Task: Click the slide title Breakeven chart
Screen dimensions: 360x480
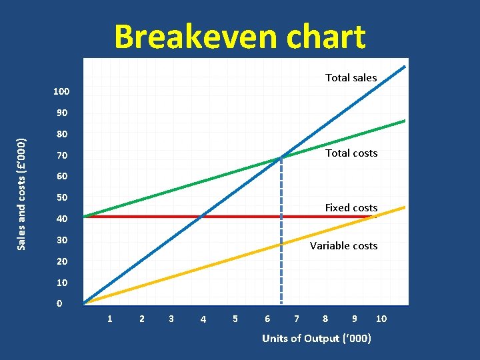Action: (240, 37)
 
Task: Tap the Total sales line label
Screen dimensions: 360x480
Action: (351, 78)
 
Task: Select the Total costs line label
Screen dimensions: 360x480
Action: (351, 153)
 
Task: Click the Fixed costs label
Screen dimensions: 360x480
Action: (351, 208)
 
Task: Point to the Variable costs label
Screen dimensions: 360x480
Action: (343, 246)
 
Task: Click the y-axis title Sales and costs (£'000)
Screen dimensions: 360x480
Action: (21, 194)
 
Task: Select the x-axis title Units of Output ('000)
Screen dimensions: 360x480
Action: (317, 339)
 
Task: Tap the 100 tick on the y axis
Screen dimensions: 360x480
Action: (61, 91)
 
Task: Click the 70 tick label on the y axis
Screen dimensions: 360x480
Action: (61, 155)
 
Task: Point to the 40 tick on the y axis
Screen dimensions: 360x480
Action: (61, 219)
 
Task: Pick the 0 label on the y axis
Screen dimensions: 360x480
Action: (60, 303)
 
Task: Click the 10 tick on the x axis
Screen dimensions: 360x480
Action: (381, 319)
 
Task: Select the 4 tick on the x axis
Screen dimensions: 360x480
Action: (203, 319)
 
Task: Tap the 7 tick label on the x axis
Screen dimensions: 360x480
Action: (297, 319)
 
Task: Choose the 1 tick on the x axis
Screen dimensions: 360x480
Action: (110, 319)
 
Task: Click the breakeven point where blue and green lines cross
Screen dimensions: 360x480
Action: (281, 158)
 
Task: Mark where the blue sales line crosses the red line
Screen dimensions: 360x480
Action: (201, 216)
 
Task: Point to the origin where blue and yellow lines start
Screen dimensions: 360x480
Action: (85, 304)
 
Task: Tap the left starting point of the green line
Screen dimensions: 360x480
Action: (85, 217)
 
